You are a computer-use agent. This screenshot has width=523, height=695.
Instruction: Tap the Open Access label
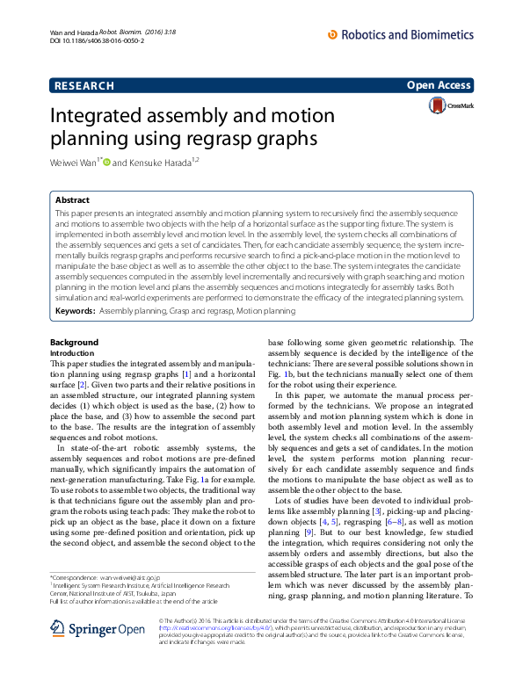pos(440,85)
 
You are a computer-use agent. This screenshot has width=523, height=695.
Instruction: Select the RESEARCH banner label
pos(84,86)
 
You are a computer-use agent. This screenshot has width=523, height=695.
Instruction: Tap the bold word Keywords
pos(75,311)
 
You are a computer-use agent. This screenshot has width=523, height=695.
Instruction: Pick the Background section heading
pos(74,342)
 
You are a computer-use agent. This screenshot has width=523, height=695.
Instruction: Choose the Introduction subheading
pos(72,352)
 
